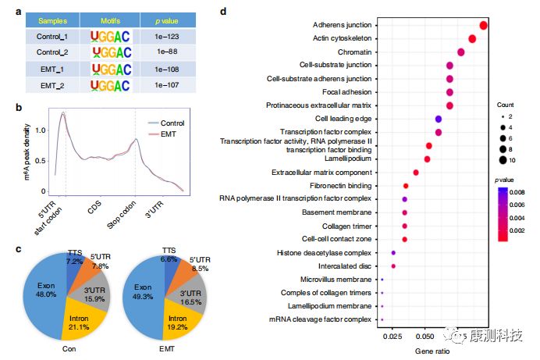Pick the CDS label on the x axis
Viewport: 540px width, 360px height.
pos(94,207)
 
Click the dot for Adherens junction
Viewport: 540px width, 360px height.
pos(484,25)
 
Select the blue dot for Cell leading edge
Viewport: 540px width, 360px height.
pos(439,119)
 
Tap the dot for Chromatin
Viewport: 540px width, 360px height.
pos(461,52)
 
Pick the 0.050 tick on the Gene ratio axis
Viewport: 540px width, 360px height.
pos(425,336)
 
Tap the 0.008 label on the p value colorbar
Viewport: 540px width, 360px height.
pos(528,191)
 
